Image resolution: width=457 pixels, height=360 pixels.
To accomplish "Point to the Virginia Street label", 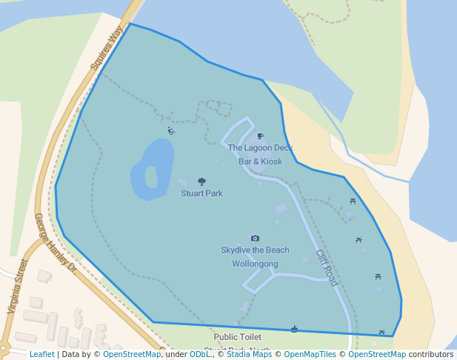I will coord(19,286).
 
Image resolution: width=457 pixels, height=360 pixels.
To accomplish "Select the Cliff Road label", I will coord(327,267).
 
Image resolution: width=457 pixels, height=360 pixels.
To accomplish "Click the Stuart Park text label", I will coord(201,193).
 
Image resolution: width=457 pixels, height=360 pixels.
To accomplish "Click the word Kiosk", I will coord(270,161).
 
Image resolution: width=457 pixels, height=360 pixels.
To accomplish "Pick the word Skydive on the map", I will coord(236,250).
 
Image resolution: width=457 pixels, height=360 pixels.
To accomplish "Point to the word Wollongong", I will coord(255,264).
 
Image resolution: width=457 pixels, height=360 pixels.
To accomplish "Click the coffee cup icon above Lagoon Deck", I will coord(260,136).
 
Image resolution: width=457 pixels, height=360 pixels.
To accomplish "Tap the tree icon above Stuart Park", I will coord(201,181).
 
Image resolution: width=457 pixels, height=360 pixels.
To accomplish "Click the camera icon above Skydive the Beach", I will coord(255,239).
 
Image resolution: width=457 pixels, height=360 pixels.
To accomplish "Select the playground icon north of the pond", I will coord(171,131).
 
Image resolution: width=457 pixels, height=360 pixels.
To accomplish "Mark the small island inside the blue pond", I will coord(151,177).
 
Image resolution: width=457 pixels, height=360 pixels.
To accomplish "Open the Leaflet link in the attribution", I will coord(42,355).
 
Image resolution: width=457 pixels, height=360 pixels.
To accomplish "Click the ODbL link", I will coord(199,355).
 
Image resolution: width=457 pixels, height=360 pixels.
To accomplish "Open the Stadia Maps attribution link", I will coord(247,355).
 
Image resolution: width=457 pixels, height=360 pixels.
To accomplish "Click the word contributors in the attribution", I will coord(431,355).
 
